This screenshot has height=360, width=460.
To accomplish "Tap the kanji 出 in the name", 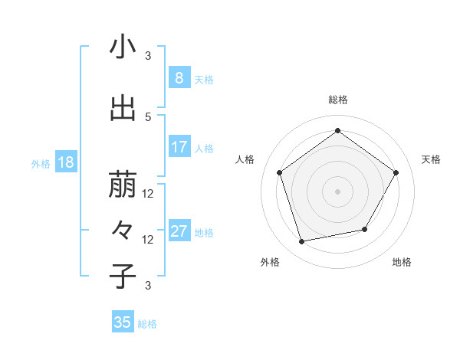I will tap(123, 108).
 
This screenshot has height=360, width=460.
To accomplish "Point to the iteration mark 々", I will tap(123, 230).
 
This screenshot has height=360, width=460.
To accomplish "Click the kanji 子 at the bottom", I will tap(123, 276).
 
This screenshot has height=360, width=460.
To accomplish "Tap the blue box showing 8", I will tap(179, 77).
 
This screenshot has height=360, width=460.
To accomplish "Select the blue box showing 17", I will tap(179, 147).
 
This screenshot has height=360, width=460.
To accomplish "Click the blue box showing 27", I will tap(179, 232).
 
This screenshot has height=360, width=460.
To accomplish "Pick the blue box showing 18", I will tap(66, 162).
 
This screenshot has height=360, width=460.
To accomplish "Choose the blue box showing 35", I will tap(123, 322).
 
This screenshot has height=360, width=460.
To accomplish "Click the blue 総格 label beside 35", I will tap(147, 324).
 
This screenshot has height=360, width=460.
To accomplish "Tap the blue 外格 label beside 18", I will tap(41, 163).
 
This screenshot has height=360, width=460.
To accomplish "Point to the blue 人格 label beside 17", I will tap(204, 148).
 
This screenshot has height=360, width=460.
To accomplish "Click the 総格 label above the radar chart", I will tap(338, 100).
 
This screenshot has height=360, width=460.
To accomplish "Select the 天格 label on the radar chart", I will tap(431, 159).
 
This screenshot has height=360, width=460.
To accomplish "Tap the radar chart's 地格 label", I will tap(402, 262).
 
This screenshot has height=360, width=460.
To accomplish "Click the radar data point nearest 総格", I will tap(337, 131).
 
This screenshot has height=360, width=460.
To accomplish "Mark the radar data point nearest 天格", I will tap(396, 172).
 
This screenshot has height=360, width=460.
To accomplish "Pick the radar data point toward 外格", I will tap(302, 242).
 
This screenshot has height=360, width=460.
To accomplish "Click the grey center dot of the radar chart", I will tap(337, 191).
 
